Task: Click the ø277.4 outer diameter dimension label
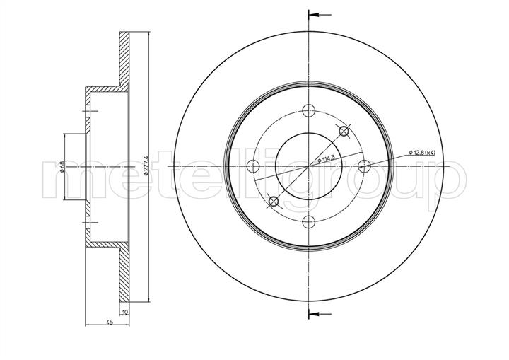pyautogui.click(x=146, y=166)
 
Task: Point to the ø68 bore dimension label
pyautogui.click(x=62, y=166)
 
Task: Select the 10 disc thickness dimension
pyautogui.click(x=125, y=312)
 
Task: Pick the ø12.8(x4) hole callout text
pyautogui.click(x=423, y=152)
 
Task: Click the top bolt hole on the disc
pyautogui.click(x=309, y=110)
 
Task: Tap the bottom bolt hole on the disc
pyautogui.click(x=309, y=222)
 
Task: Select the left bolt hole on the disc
pyautogui.click(x=253, y=166)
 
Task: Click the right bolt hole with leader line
pyautogui.click(x=364, y=166)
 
